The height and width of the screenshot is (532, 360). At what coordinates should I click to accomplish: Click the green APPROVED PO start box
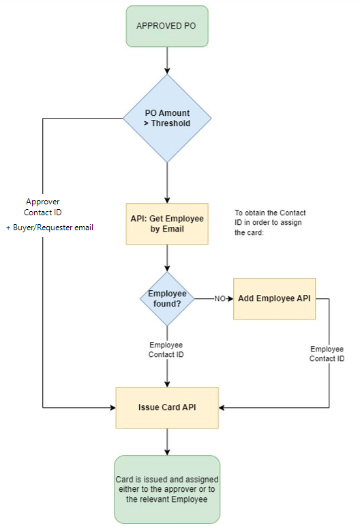point(167,26)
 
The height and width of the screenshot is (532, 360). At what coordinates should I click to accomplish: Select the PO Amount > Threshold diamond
point(167,118)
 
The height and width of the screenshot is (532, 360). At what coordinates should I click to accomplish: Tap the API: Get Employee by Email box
point(167,223)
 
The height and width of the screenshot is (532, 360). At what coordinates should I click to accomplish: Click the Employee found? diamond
point(167,298)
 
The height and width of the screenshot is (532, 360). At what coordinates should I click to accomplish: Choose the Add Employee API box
point(274,298)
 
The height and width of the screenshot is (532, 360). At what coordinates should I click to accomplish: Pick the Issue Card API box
point(167,407)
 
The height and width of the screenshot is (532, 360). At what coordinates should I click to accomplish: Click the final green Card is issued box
point(167,489)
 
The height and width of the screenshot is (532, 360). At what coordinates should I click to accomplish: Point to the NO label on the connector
point(220,298)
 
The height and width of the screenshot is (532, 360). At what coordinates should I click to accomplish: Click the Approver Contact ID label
point(43,207)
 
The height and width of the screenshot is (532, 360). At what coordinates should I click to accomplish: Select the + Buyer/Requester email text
point(50,228)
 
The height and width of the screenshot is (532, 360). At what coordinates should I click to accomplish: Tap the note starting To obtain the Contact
point(270,223)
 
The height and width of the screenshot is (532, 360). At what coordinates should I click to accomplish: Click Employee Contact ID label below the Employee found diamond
point(166,349)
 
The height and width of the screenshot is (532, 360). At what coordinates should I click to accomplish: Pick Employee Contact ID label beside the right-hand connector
point(327,354)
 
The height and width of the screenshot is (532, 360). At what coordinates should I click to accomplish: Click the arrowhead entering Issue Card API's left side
point(113,407)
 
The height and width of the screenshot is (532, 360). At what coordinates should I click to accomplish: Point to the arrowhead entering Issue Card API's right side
point(221,407)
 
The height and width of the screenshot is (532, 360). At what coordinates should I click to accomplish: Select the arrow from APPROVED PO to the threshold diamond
point(167,61)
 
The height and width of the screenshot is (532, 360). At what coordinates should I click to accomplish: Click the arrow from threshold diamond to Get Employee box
point(167,183)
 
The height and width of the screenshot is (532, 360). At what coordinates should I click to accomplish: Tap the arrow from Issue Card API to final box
point(167,442)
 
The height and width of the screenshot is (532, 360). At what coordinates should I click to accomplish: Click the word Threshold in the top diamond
point(170,123)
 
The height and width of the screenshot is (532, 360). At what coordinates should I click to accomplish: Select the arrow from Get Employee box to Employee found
point(167,258)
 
